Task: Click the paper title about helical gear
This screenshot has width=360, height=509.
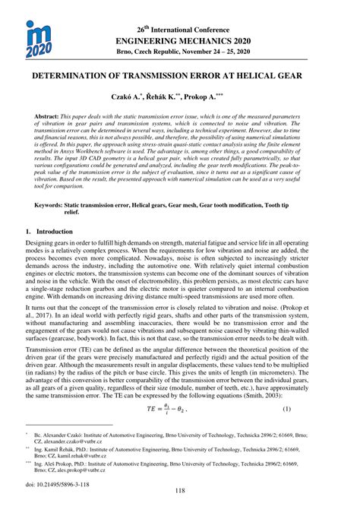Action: pos(179,77)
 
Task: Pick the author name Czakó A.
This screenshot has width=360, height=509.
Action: pos(143,99)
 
